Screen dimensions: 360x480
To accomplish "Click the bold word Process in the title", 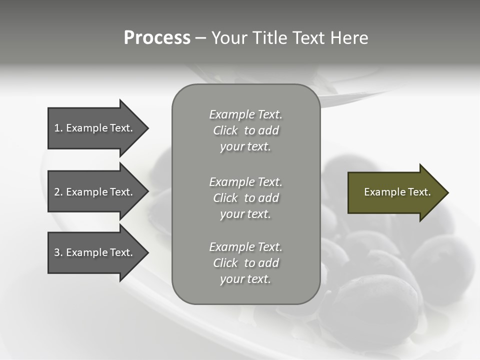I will (157, 38).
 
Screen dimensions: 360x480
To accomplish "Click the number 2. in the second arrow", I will (58, 192).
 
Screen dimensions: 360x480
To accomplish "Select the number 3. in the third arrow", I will (58, 252).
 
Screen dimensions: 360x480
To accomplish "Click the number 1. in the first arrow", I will (58, 128).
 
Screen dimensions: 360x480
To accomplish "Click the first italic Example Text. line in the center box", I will (245, 114).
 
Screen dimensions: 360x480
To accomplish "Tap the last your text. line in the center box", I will (245, 279).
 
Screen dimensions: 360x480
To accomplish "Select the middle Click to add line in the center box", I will (245, 198).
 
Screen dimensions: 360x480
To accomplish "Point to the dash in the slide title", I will (200, 38).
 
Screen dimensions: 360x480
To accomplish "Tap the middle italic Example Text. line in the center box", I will (245, 182).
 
